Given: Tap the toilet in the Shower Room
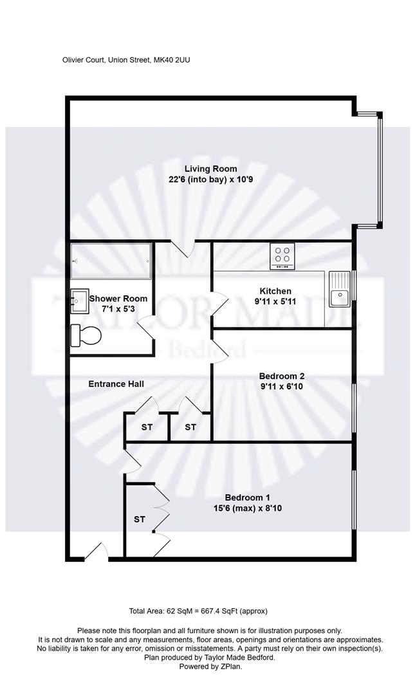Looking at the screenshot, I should point(86,335).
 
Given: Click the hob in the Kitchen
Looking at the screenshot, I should point(282,255).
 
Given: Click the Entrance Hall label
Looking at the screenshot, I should point(116,384).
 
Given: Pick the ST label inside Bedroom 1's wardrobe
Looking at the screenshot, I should point(140,519).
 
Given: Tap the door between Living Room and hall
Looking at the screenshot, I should point(185,248).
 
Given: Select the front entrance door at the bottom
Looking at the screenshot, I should point(97,552).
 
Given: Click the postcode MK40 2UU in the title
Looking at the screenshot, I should point(172,60).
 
